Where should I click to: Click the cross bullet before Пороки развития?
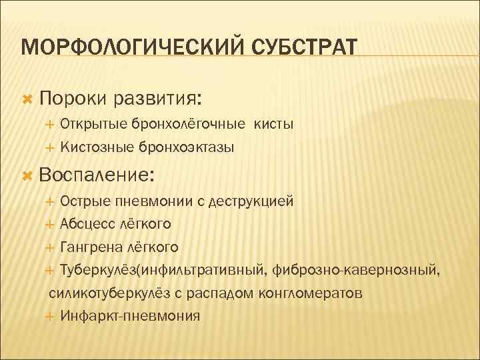27,99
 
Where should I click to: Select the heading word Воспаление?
96,176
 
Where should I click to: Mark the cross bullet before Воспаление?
27,176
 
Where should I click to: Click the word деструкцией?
251,201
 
